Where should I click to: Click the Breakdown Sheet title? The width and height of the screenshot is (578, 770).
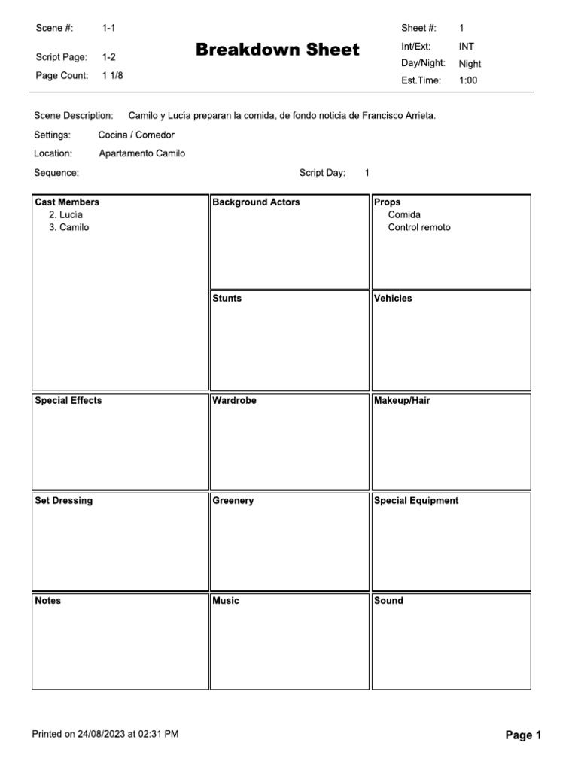(278, 50)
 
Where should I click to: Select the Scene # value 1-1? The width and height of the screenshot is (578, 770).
(109, 28)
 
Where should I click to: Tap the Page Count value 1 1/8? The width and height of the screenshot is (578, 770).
(112, 75)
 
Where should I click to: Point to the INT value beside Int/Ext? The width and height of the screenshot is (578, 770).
(467, 47)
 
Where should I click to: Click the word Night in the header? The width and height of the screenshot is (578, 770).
(470, 64)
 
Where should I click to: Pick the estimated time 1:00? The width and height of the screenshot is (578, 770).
(468, 80)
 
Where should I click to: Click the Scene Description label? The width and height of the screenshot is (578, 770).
(74, 116)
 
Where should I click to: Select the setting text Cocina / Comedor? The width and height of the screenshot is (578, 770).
(136, 135)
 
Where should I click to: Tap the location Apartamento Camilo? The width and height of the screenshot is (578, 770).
(141, 153)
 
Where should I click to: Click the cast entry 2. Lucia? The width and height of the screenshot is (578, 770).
(65, 215)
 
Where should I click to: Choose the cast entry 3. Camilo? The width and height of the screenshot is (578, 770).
(68, 227)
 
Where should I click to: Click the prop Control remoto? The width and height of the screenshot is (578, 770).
(419, 227)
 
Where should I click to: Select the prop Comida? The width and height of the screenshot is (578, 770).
(404, 215)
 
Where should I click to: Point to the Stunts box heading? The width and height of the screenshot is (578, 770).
(227, 299)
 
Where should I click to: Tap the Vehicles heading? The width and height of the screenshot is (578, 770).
(393, 299)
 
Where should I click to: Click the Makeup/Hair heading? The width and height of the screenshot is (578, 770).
(402, 401)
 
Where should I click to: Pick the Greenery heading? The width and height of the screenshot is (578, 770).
(233, 501)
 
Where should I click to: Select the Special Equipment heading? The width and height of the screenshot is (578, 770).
(416, 501)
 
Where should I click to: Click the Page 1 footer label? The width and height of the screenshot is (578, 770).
(523, 735)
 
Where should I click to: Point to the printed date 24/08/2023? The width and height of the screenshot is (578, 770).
(101, 734)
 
